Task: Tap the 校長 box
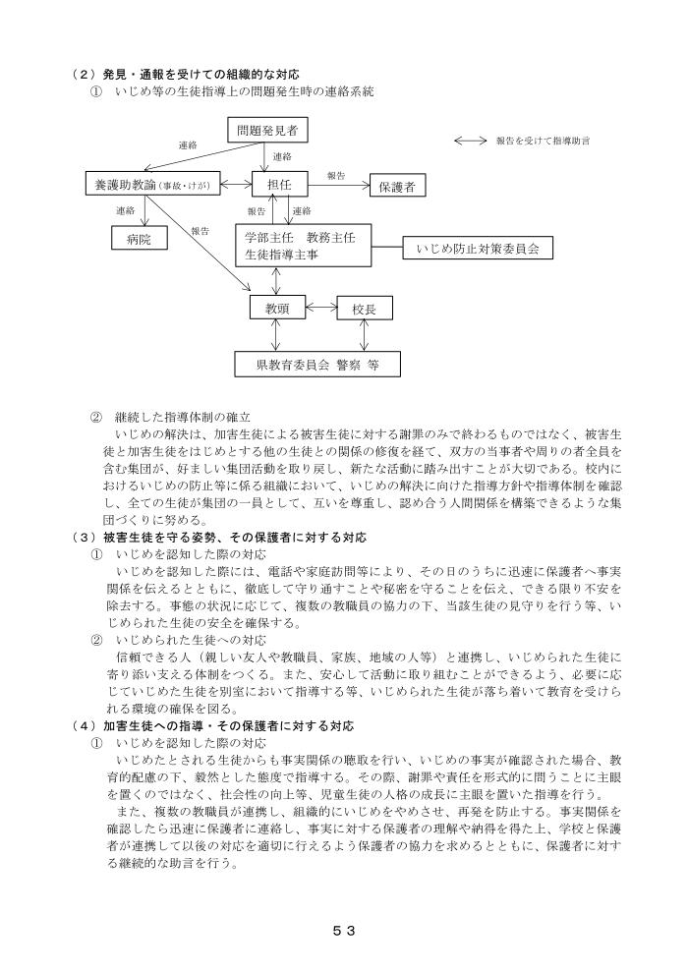[x=365, y=309]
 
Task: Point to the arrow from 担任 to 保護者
[x=333, y=184]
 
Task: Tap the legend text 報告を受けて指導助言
[x=543, y=142]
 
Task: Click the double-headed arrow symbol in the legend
[x=471, y=142]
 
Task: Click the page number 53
[x=343, y=928]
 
